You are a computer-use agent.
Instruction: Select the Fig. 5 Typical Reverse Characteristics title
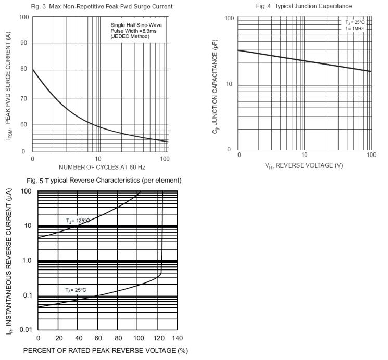(105, 181)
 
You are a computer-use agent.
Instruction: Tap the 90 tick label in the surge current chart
(24, 43)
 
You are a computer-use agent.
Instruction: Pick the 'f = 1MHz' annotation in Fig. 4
(354, 29)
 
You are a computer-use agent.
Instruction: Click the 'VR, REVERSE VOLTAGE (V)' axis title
(304, 166)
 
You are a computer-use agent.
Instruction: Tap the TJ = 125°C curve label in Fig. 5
(78, 221)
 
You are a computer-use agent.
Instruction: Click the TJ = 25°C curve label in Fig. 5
(76, 289)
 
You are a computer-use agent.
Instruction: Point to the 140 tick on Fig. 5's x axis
(178, 338)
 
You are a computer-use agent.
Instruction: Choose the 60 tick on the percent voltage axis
(97, 338)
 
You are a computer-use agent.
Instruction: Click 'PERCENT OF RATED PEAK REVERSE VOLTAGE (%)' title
(105, 351)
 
